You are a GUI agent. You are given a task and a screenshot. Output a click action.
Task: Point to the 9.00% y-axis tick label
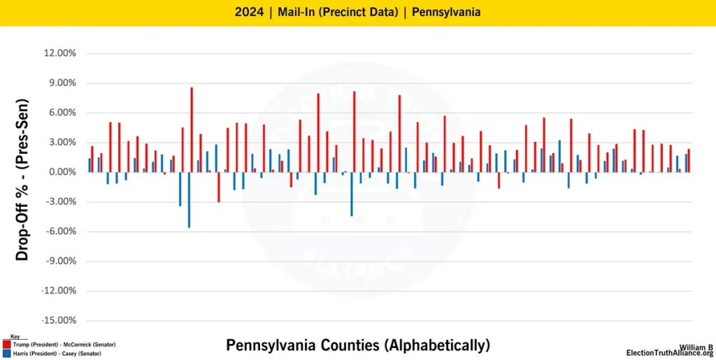click(x=62, y=83)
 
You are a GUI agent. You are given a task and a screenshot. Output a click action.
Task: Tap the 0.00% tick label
click(x=62, y=172)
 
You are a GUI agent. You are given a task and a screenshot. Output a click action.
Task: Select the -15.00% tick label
click(x=58, y=321)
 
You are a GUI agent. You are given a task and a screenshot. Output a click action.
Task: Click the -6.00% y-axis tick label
click(x=60, y=231)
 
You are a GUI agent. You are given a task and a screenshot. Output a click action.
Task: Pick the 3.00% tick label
click(x=62, y=143)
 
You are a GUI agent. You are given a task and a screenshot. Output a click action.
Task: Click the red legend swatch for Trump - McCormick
click(x=6, y=345)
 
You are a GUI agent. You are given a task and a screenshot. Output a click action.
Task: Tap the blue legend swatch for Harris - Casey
click(x=6, y=354)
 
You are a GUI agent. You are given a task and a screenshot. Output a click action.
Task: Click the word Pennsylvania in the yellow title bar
click(x=445, y=13)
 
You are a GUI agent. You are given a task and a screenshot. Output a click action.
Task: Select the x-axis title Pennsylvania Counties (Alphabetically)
click(x=358, y=345)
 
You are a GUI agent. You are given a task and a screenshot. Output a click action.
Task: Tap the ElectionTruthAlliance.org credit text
click(x=669, y=353)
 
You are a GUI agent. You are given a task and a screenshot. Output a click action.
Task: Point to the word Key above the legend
click(x=15, y=337)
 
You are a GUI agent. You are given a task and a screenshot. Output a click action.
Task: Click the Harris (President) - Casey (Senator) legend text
click(x=57, y=354)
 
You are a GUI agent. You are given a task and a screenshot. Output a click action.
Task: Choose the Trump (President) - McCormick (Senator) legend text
click(x=64, y=345)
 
